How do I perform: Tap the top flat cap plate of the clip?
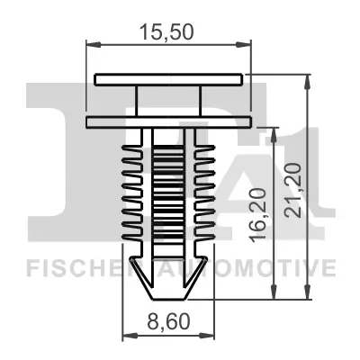tap(168, 78)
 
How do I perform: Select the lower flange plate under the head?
tap(168, 121)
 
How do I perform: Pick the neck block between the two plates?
tap(168, 99)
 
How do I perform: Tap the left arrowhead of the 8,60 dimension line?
tap(126, 335)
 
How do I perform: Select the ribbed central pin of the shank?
tap(168, 193)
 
